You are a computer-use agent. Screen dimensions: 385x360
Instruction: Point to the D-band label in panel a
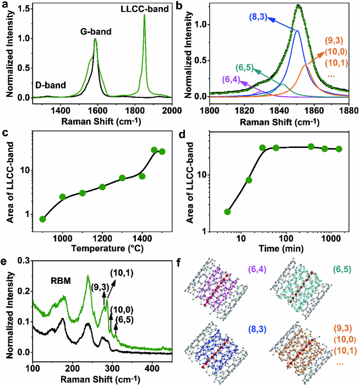[51, 85]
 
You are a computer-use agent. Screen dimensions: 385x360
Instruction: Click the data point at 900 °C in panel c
[43, 219]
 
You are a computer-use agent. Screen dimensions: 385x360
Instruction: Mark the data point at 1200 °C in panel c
[102, 187]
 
